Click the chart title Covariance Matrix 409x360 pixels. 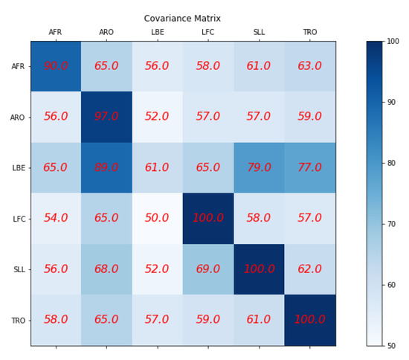tap(182, 19)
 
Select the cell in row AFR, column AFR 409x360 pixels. tap(56, 66)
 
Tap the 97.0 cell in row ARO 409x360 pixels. tap(106, 117)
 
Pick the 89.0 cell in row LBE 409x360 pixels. tap(106, 167)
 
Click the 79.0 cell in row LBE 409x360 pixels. tap(259, 167)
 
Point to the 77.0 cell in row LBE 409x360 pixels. tap(309, 167)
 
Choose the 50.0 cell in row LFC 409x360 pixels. tap(157, 218)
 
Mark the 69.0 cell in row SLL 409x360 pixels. tap(208, 269)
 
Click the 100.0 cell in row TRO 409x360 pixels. tap(309, 320)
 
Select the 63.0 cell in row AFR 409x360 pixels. tap(309, 66)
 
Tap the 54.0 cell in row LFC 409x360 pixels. tap(56, 218)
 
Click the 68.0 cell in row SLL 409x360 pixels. tap(106, 269)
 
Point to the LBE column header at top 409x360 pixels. tap(157, 32)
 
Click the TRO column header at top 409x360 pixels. tap(309, 32)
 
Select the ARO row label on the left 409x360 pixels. tap(18, 118)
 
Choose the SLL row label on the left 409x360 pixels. tap(19, 269)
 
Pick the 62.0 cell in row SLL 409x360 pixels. tap(309, 269)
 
